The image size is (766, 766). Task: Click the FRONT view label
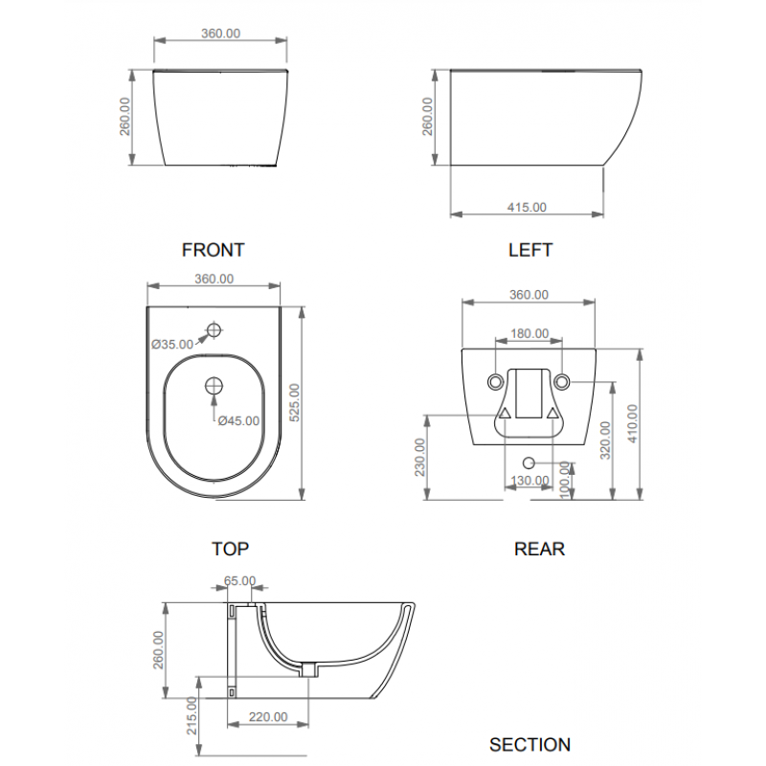[213, 250]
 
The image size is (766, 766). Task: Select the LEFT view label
[530, 250]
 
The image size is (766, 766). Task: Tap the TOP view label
[230, 549]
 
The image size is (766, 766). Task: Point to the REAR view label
[539, 549]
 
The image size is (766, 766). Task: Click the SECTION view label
[529, 745]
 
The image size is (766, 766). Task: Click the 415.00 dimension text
[527, 207]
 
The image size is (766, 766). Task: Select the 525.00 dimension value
[295, 402]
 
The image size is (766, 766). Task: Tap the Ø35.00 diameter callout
[172, 345]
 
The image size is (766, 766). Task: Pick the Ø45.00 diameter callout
[238, 420]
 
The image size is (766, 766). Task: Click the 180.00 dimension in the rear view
[529, 333]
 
